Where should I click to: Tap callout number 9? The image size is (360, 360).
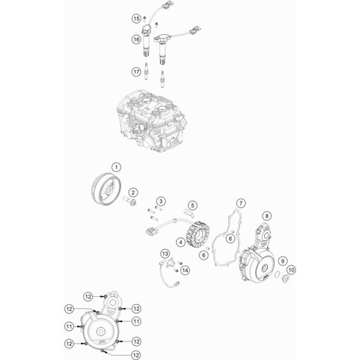coord(283,259)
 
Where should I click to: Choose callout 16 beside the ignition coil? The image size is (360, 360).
coord(136,38)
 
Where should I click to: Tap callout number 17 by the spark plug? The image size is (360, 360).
coord(136,71)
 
